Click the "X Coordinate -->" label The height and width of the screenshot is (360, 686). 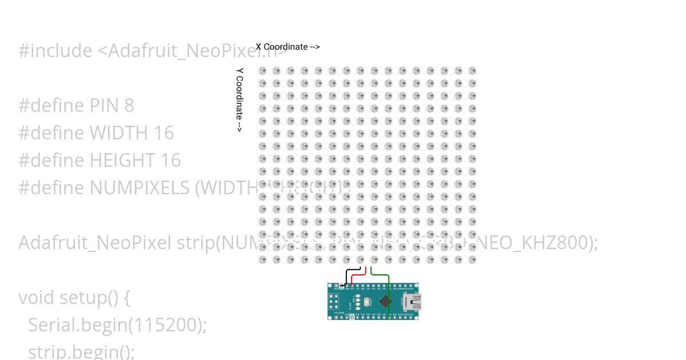(x=288, y=47)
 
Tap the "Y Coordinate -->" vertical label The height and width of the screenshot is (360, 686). (x=240, y=100)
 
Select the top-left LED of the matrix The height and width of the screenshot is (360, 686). (x=262, y=71)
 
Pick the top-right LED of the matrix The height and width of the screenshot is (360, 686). (x=472, y=71)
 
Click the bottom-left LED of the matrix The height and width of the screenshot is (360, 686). (x=262, y=259)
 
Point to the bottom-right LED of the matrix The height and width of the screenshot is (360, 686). (x=472, y=259)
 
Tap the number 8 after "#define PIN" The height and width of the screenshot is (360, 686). (x=129, y=106)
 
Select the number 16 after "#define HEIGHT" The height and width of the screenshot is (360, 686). (x=170, y=161)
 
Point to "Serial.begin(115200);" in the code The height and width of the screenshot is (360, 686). (x=117, y=325)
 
